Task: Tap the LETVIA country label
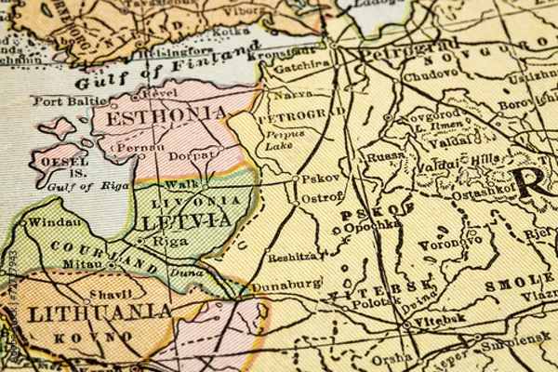185,221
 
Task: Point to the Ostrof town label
322,197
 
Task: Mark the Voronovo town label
449,245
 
